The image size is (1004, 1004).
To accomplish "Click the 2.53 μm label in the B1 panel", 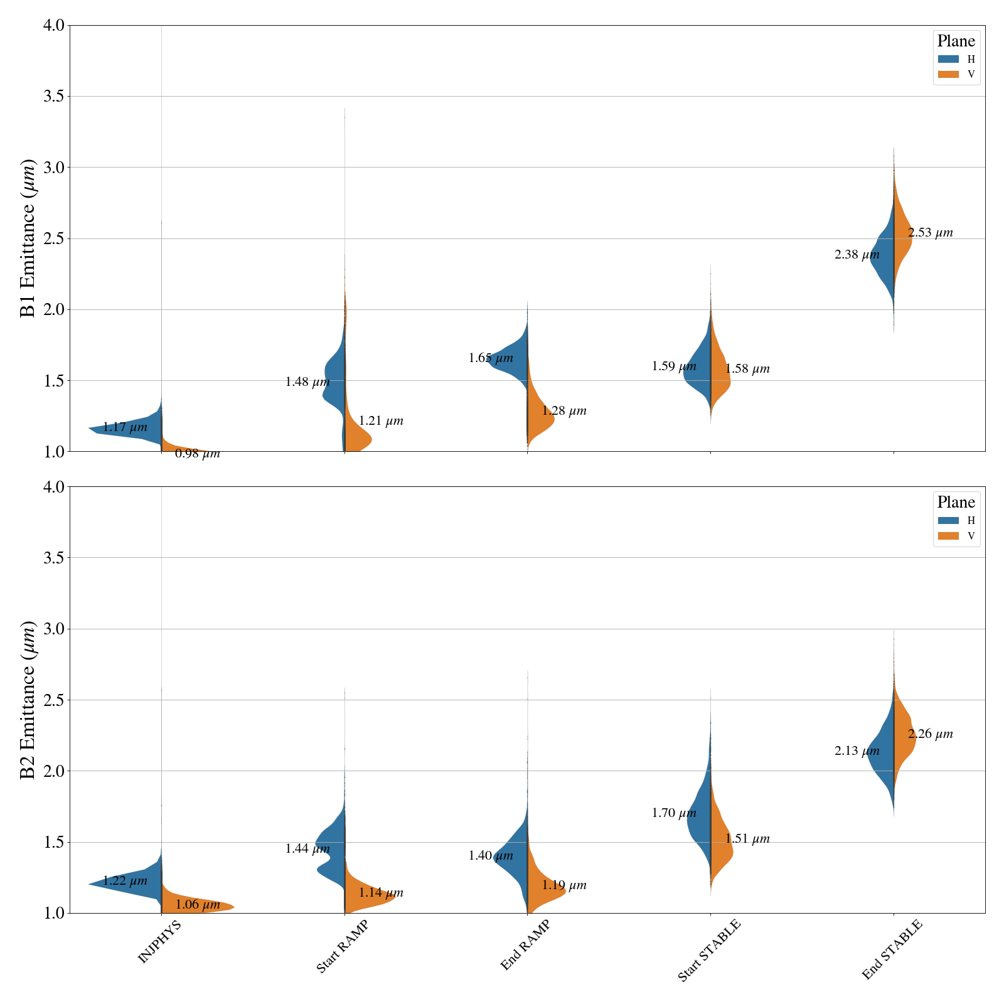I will click(x=930, y=233).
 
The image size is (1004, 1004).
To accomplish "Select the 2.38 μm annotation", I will click(x=857, y=255).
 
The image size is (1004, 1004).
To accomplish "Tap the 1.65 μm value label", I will click(x=491, y=358).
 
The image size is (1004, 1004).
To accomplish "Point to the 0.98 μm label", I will click(x=197, y=454).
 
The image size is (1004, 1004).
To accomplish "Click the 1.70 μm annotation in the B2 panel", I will click(x=674, y=813).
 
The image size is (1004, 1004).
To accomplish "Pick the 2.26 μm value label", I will click(x=930, y=734).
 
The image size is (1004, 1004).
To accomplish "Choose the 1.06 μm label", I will click(x=197, y=905).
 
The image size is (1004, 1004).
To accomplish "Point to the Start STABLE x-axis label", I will click(x=709, y=950).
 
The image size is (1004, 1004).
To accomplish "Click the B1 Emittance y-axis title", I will click(x=28, y=238).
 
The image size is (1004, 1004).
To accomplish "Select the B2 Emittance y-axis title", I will click(x=28, y=700).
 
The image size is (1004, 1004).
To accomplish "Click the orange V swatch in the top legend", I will click(x=948, y=75).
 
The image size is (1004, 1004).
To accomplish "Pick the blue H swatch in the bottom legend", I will click(x=948, y=520).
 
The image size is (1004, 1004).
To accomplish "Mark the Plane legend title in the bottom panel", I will click(x=956, y=502).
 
